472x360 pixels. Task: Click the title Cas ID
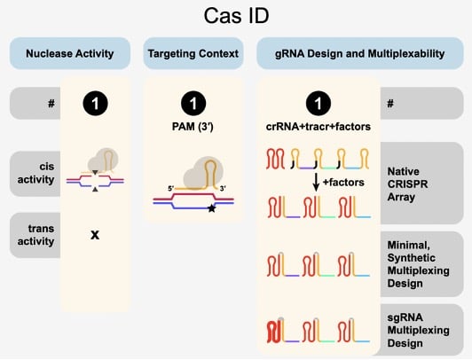tap(235, 18)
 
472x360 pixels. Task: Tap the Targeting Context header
tap(193, 54)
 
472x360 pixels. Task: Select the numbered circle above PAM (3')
tap(193, 103)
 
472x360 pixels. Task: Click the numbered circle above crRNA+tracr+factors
tap(318, 103)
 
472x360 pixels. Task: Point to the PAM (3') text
tap(193, 126)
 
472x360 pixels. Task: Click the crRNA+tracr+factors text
tap(318, 126)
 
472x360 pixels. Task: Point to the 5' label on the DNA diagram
tap(157, 188)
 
